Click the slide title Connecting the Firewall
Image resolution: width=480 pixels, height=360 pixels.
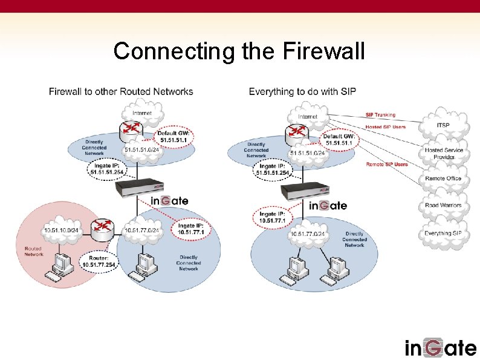tap(239, 51)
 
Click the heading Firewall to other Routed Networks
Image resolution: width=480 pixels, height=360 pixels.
tap(121, 92)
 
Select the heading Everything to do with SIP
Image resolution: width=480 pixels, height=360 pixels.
tap(302, 92)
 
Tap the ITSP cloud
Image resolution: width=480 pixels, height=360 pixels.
tap(443, 125)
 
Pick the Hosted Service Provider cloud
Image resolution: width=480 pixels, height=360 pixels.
tap(443, 153)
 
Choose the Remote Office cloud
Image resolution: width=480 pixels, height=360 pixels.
tap(443, 178)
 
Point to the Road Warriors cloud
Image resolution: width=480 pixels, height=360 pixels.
tap(443, 205)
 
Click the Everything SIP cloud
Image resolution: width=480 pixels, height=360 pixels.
tap(443, 233)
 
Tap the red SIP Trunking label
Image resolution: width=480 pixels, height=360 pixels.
tap(380, 115)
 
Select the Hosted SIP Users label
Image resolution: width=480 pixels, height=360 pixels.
tap(386, 127)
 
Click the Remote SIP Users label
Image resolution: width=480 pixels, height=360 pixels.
tap(387, 164)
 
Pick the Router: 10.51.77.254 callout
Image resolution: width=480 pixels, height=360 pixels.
tap(99, 261)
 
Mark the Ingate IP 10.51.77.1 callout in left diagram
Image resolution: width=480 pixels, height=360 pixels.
tap(190, 229)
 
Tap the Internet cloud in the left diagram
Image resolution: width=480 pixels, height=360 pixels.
tap(142, 113)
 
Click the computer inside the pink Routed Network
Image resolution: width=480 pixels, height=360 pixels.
tap(60, 266)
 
